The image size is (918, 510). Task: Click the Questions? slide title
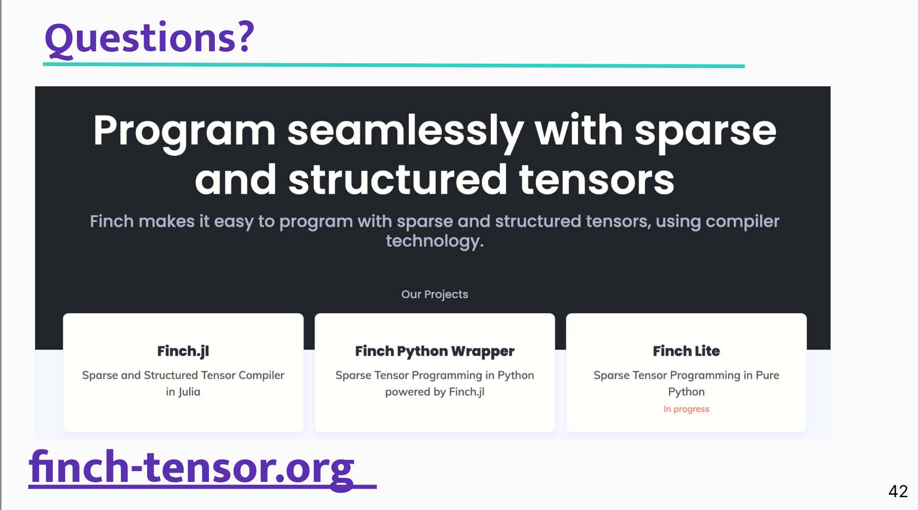149,38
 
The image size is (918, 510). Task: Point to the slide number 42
898,491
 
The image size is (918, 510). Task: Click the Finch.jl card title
183,351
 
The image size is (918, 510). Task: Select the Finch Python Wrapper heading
435,351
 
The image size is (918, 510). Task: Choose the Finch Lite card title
686,351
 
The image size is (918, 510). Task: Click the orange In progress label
686,409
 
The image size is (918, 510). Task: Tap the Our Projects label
435,294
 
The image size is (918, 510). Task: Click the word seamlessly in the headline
405,132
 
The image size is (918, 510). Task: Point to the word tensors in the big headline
597,180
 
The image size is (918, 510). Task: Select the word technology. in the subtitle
435,241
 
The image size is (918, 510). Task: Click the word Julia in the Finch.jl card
190,392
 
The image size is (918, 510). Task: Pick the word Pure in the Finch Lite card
767,375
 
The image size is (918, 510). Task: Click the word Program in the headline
184,132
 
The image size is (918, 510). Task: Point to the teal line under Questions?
394,65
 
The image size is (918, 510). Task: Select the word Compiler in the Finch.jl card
261,375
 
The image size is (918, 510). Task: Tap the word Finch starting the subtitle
112,221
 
